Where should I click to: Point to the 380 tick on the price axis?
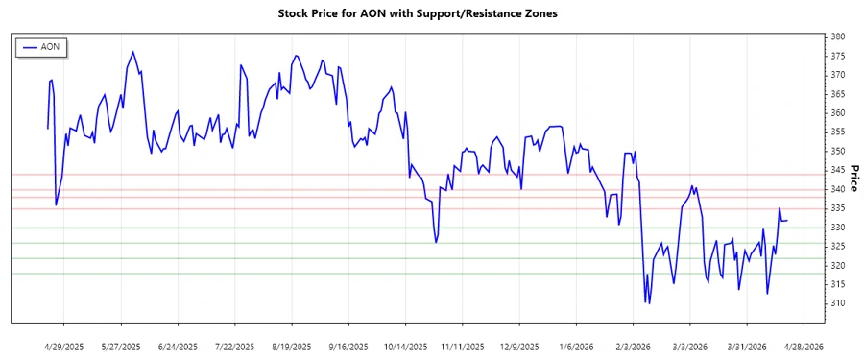[x=838, y=36]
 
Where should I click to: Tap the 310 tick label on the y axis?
[x=838, y=303]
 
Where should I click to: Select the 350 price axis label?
[x=838, y=152]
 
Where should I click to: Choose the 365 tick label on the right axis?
[x=838, y=94]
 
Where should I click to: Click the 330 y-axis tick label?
[x=838, y=228]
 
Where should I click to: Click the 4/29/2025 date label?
[x=65, y=346]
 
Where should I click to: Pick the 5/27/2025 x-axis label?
[x=121, y=346]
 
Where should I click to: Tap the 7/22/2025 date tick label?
[x=233, y=346]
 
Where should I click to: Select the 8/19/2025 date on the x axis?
[x=290, y=346]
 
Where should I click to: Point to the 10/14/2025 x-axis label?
[x=402, y=346]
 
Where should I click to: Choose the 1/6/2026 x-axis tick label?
[x=573, y=346]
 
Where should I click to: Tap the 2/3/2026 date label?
[x=630, y=346]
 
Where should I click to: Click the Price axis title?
[x=853, y=178]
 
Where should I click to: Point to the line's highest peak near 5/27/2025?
[x=132, y=52]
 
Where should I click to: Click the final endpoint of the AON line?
[x=787, y=221]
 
